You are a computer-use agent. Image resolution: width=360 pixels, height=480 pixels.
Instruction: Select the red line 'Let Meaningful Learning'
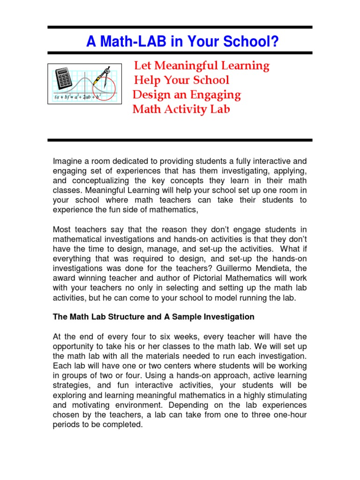click(202, 66)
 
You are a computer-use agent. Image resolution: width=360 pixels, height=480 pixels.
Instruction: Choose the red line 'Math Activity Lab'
click(181, 109)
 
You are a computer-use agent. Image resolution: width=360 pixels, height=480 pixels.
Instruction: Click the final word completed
click(124, 425)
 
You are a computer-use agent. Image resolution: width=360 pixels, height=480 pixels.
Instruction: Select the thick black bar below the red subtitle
click(180, 140)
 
